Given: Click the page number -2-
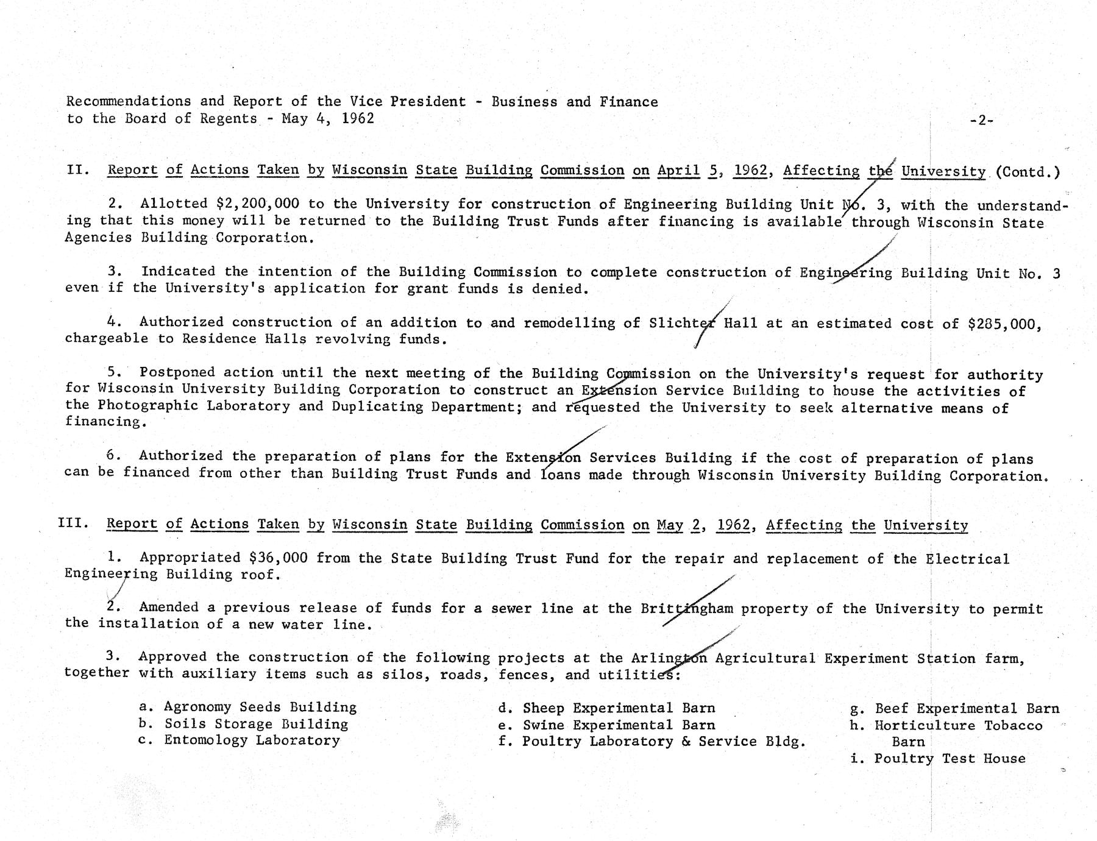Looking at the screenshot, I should tap(981, 121).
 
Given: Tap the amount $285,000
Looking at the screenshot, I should tap(1005, 324).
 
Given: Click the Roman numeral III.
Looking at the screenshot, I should tap(73, 523).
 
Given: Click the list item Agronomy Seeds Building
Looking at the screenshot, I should tap(260, 708).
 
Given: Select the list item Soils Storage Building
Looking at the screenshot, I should tap(256, 725).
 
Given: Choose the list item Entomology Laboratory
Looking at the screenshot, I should tap(252, 741).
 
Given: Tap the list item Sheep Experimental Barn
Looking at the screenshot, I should tap(619, 709).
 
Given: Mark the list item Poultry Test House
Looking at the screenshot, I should tap(950, 759).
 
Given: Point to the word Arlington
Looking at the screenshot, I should tap(669, 658).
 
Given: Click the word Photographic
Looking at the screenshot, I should tap(147, 406).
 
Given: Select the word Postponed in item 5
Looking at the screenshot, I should tap(177, 372).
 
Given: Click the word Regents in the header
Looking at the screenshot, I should tap(229, 118).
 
